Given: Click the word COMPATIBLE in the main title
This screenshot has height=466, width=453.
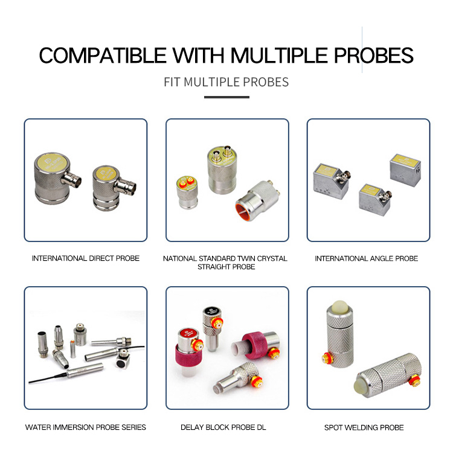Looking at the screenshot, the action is tap(103, 56).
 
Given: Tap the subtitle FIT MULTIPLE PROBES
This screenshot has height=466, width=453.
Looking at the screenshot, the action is tap(226, 82).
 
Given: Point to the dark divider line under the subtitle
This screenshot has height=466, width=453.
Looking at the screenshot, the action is tap(226, 97).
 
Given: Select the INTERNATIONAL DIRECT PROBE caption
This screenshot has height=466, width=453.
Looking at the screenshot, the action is tap(86, 258).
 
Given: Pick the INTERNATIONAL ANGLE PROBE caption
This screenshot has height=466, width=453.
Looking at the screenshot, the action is tap(367, 258).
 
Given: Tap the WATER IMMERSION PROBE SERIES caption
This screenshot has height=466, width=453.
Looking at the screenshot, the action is tap(86, 427).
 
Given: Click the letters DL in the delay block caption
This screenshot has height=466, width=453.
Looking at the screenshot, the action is tap(261, 427).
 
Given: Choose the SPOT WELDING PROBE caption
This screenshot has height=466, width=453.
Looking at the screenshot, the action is tap(364, 427).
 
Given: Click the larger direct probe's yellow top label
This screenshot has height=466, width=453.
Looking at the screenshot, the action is tap(53, 163).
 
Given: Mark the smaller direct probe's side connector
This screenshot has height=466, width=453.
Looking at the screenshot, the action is tap(126, 186).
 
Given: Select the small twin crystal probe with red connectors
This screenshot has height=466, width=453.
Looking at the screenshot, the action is tap(187, 192).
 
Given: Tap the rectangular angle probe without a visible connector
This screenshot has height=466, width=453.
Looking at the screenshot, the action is tap(405, 170).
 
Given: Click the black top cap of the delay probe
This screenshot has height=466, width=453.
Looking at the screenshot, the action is tap(211, 311).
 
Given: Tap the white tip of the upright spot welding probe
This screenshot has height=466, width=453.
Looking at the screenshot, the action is tap(339, 306).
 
